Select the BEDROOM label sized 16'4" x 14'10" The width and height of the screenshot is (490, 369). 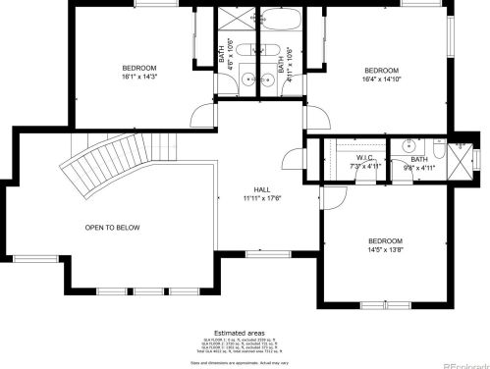pos(381,71)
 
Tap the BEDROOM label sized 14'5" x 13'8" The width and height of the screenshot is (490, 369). pos(385,241)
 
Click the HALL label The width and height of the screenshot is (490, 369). pos(262,189)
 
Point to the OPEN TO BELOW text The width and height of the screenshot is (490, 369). pos(112,228)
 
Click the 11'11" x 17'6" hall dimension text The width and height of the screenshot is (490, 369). pos(262,198)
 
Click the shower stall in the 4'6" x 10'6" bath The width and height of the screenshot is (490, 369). pos(235,22)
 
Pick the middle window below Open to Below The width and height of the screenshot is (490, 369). pos(147,291)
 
